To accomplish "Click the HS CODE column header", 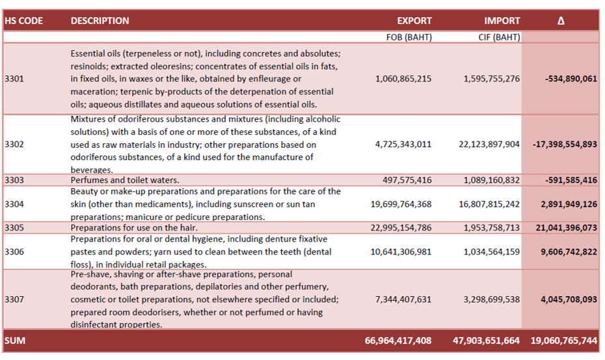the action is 23,21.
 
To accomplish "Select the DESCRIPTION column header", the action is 100,21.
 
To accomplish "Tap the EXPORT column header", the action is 414,21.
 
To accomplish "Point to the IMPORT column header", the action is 502,21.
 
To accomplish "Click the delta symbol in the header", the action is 561,21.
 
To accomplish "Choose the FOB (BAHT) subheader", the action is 409,37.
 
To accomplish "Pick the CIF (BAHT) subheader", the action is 499,37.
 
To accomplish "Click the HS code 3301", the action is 14,79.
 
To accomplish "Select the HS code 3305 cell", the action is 14,227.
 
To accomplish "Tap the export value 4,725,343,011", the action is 403,145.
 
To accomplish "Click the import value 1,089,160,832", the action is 492,180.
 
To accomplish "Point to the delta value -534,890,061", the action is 571,79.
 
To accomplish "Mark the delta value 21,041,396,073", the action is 567,227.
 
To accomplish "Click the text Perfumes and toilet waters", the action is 125,180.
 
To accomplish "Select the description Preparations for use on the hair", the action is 134,227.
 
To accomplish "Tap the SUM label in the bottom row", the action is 15,340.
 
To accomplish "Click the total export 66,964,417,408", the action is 398,340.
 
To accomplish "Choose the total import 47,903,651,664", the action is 486,340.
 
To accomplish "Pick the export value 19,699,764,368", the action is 401,204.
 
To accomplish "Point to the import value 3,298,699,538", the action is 492,299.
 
